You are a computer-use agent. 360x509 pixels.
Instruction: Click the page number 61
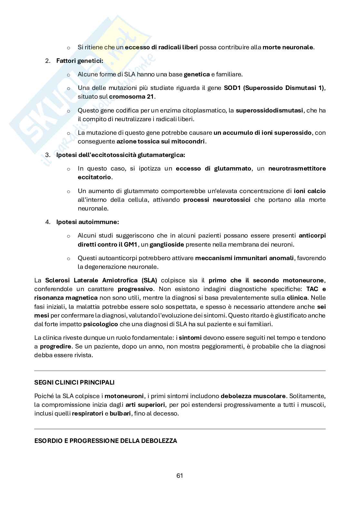pyautogui.click(x=180, y=475)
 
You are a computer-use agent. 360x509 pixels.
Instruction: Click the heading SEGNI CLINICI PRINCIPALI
pyautogui.click(x=74, y=382)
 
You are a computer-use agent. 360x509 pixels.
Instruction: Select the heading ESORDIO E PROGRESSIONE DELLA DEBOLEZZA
pyautogui.click(x=105, y=441)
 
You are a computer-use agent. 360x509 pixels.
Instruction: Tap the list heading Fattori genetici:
pyautogui.click(x=80, y=61)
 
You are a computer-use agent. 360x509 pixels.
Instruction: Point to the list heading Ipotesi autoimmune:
pyautogui.click(x=87, y=222)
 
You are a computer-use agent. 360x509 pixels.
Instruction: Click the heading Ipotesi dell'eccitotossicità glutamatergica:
pyautogui.click(x=121, y=155)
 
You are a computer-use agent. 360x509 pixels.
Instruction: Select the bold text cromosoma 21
pyautogui.click(x=132, y=96)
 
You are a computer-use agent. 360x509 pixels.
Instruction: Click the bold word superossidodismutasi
pyautogui.click(x=269, y=110)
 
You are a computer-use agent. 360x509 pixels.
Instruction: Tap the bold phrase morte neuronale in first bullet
pyautogui.click(x=288, y=47)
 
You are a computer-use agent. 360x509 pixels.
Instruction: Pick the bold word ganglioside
pyautogui.click(x=167, y=244)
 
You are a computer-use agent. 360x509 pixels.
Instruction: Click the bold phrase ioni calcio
pyautogui.click(x=310, y=191)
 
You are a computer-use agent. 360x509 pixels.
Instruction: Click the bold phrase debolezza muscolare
pyautogui.click(x=253, y=396)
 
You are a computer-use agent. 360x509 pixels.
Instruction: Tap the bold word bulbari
pyautogui.click(x=120, y=413)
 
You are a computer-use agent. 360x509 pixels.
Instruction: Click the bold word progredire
pyautogui.click(x=55, y=347)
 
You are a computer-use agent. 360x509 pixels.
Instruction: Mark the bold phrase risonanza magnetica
pyautogui.click(x=66, y=298)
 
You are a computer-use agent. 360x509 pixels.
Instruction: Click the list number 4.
pyautogui.click(x=47, y=222)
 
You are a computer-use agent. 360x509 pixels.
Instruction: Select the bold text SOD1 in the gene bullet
pyautogui.click(x=232, y=88)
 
